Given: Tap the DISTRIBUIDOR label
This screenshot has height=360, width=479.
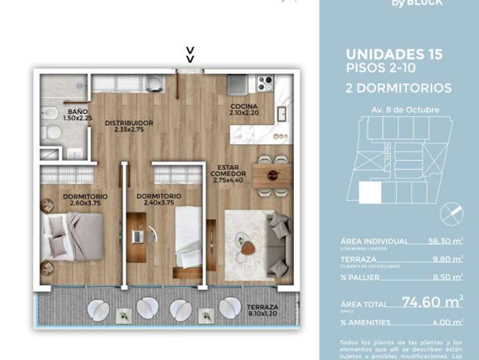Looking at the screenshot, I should point(129,123).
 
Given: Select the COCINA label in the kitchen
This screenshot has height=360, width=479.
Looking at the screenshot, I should point(244,107).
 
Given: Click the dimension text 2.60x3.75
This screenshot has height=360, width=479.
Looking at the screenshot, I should point(85,205).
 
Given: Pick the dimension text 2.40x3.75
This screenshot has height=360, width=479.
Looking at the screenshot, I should point(158,205).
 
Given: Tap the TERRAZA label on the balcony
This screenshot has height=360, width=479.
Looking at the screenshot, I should point(262,307).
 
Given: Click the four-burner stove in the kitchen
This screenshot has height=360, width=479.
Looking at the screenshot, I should point(265,84).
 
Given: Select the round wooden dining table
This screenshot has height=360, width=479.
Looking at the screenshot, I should point(273,176).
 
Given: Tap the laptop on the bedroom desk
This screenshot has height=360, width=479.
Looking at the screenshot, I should point(139,235).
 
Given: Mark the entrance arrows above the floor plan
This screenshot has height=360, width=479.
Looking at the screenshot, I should point(190,54).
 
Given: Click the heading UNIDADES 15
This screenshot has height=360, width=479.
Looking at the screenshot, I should point(394,55).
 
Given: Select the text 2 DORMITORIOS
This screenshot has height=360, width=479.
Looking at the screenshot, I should point(399,88).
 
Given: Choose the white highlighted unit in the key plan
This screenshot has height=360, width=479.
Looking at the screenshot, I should point(371,193).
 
